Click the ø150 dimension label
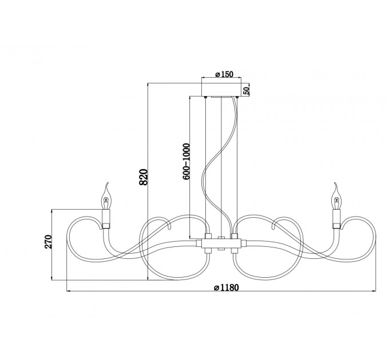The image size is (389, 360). pyautogui.click(x=224, y=74)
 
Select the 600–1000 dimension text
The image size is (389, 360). pyautogui.click(x=186, y=161)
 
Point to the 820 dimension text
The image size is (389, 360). pyautogui.click(x=144, y=177)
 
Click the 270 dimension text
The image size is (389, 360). pyautogui.click(x=48, y=242)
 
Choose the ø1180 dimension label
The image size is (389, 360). pyautogui.click(x=226, y=287)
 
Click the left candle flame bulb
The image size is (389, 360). pyautogui.click(x=106, y=197)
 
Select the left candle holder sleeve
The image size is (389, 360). pyautogui.click(x=106, y=218)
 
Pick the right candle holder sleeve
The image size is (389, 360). pyautogui.click(x=336, y=218)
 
